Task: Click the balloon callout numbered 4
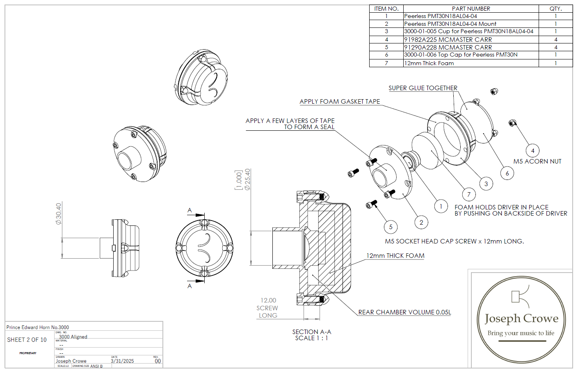point(532,150)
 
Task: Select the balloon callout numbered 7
point(469,194)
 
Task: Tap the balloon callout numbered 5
point(391,227)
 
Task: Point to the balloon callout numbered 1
point(441,206)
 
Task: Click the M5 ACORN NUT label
point(537,161)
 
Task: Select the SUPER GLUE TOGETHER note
point(423,88)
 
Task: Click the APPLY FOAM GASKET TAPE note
point(340,102)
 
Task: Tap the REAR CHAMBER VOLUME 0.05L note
point(404,312)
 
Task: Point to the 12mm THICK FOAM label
point(395,256)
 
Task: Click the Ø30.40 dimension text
point(59,213)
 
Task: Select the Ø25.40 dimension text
point(247,179)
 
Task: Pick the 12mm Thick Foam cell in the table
point(429,63)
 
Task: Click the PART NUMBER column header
point(471,9)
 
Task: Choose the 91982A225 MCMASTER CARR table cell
point(448,40)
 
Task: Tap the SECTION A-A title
point(311,332)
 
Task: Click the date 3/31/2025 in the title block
point(122,361)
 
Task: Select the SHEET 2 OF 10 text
point(27,340)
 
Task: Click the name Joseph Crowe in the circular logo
point(521,318)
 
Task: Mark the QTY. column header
point(555,9)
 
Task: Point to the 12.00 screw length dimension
point(268,300)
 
